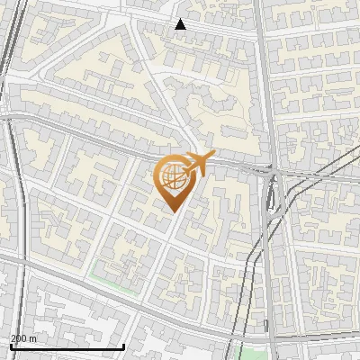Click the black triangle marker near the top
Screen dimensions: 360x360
(x=180, y=24)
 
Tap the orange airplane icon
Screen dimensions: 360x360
(x=199, y=165)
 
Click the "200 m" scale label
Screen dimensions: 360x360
(x=23, y=338)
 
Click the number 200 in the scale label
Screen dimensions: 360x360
(x=19, y=338)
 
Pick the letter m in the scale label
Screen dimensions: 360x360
(x=33, y=338)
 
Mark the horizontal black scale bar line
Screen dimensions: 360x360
(x=67, y=346)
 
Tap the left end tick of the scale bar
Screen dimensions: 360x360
(x=11, y=345)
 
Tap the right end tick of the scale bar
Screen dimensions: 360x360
(x=123, y=345)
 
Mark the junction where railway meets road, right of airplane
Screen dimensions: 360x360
(x=273, y=171)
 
